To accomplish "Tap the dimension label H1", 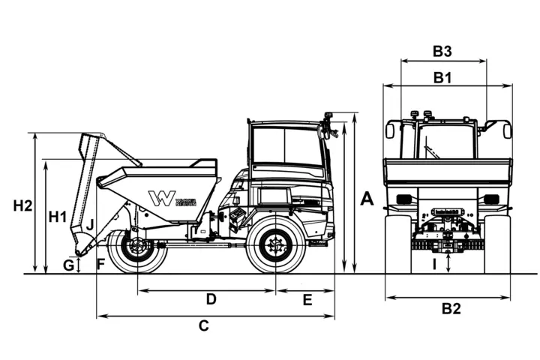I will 58,217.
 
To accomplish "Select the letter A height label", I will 367,198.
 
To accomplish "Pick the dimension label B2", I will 451,308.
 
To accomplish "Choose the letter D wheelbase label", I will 211,299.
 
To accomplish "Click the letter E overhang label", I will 307,299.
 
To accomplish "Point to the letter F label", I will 100,263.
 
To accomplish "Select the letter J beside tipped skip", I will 90,223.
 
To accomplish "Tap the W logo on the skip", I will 160,199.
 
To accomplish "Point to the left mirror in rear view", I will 390,130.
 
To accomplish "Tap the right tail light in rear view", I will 491,199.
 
